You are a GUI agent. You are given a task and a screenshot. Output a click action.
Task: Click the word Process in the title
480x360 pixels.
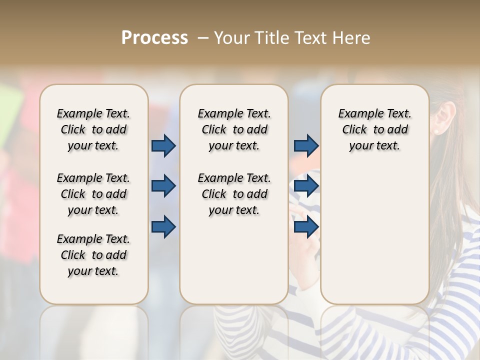click(x=154, y=37)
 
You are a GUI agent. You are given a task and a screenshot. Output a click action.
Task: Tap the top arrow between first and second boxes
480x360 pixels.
click(x=163, y=145)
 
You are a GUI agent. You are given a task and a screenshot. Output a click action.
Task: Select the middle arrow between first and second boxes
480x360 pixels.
click(x=163, y=186)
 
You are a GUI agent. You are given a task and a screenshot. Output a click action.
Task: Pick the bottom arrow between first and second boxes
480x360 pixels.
click(x=163, y=227)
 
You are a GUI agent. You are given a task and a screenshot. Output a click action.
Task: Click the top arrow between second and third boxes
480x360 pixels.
click(x=306, y=145)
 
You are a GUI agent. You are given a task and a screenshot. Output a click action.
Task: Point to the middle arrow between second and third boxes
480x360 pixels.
click(x=306, y=186)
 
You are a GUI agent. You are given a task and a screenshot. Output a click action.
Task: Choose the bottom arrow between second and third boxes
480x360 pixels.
click(x=306, y=227)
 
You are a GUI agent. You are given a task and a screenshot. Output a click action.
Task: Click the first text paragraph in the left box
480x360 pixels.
click(x=93, y=129)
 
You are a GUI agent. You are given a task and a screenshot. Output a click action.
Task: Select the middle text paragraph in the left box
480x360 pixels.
click(x=93, y=194)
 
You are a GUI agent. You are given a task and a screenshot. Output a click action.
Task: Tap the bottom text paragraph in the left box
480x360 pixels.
click(x=93, y=255)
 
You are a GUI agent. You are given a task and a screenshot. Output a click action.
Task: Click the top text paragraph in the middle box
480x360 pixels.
click(x=234, y=129)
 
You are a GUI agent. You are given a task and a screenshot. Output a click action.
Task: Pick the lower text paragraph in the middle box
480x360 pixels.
click(x=234, y=194)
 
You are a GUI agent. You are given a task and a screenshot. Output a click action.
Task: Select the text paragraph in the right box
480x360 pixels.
click(x=374, y=129)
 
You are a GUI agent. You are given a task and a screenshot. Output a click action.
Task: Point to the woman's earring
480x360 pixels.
click(x=437, y=131)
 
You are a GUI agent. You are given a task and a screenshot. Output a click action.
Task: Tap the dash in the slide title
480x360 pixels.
click(x=203, y=37)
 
